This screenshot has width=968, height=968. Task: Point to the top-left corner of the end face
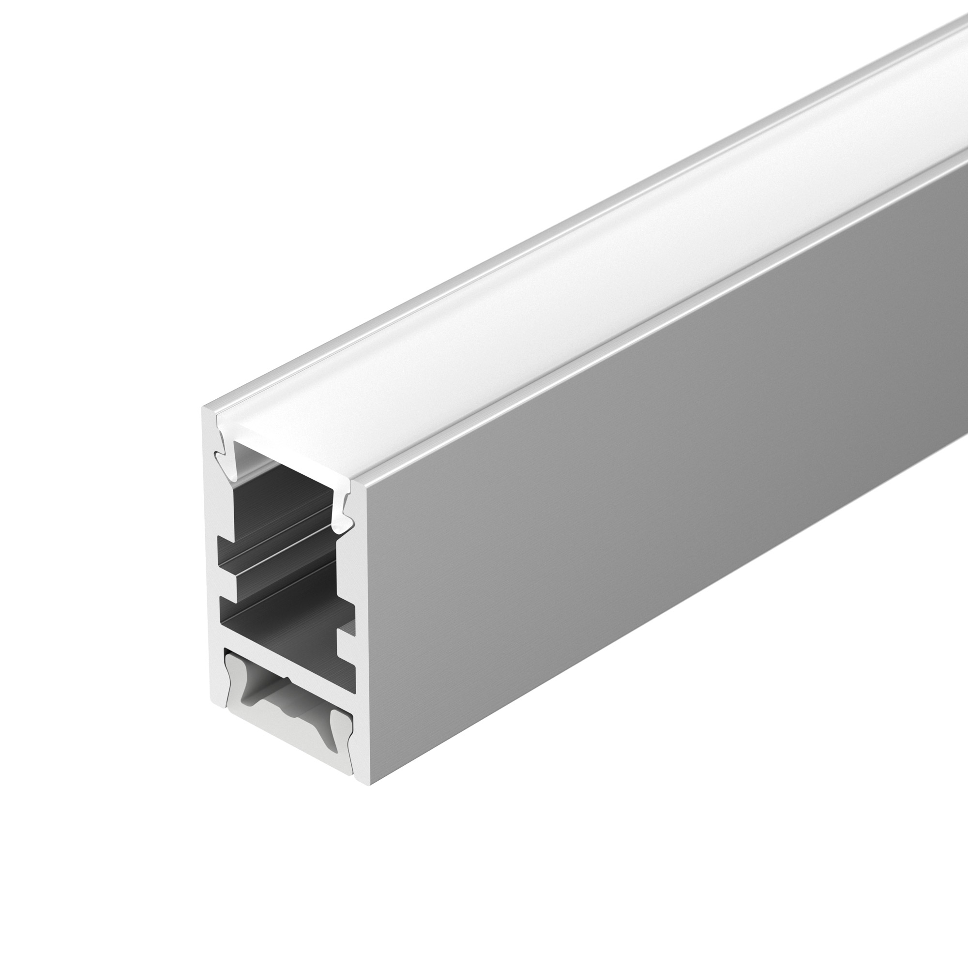tap(204, 408)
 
